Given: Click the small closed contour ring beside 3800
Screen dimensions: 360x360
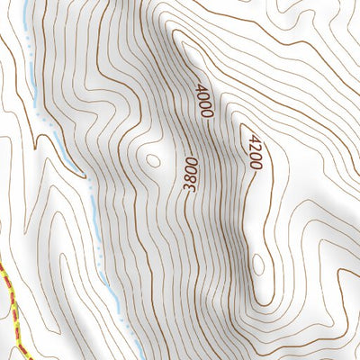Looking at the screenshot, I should [x=152, y=161].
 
